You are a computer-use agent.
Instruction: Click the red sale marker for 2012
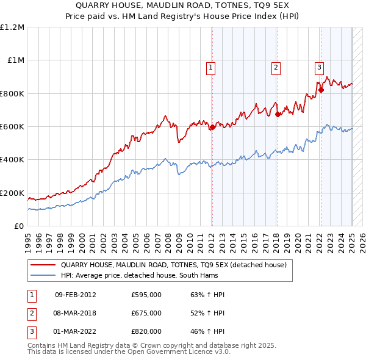[212, 128]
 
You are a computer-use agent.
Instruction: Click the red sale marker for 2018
[278, 114]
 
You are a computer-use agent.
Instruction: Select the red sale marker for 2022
[321, 90]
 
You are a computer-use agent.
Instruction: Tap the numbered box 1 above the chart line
[211, 68]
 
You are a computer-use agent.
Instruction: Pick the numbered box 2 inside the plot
[276, 68]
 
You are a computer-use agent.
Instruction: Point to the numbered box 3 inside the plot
[320, 68]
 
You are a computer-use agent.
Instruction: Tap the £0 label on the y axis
[18, 226]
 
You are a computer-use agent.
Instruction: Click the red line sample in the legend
[43, 265]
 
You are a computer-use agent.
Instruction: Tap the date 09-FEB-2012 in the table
[75, 295]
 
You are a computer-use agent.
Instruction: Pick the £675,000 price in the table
[146, 313]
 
